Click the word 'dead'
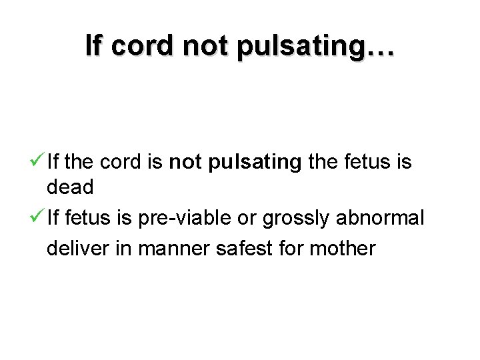tap(70, 188)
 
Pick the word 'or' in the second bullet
tap(250, 219)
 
